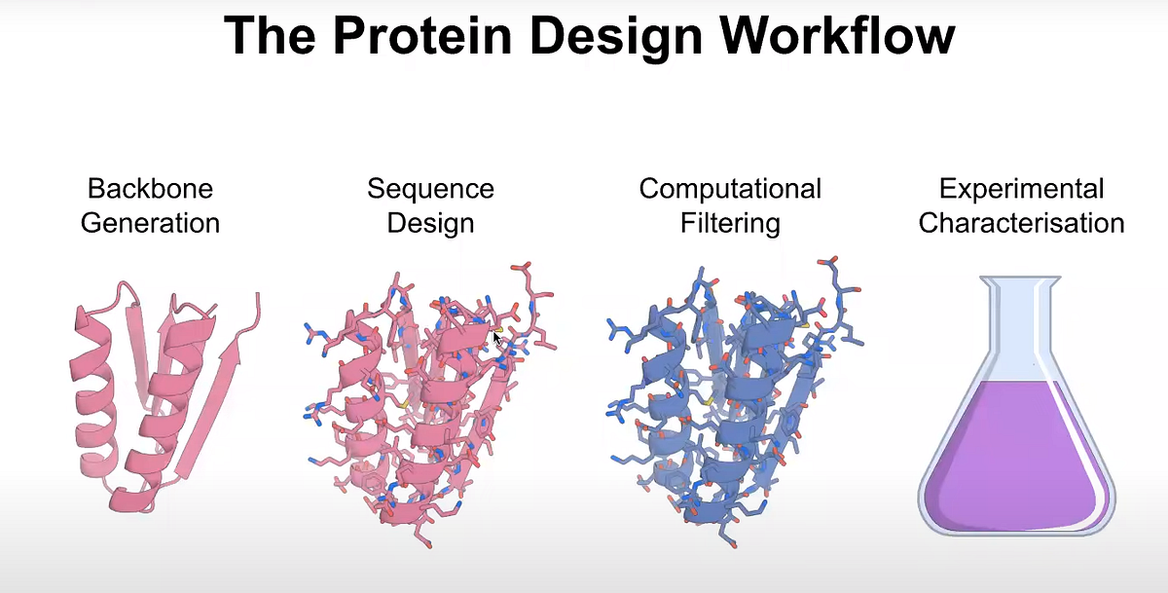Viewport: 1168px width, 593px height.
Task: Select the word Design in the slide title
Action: (x=621, y=35)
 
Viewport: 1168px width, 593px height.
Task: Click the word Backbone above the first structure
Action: (x=150, y=188)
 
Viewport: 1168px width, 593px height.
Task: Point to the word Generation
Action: (x=150, y=223)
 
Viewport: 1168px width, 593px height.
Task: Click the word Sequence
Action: (x=430, y=188)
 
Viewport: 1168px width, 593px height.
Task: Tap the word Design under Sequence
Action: (x=430, y=223)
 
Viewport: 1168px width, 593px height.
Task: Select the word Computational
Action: (x=730, y=188)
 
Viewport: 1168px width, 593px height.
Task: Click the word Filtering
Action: (x=730, y=223)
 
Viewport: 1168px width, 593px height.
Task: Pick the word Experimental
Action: (x=1021, y=188)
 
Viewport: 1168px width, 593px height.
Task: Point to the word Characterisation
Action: (x=1021, y=223)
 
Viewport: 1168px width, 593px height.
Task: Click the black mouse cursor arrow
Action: (x=497, y=337)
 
